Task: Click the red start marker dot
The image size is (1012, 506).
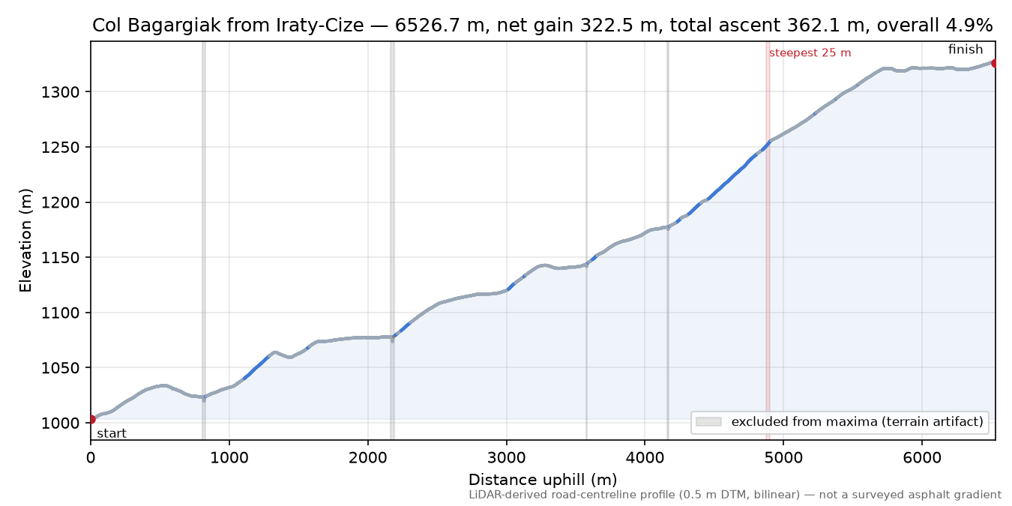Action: (91, 419)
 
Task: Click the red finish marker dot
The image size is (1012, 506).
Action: (995, 63)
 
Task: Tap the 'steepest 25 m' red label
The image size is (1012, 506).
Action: (810, 53)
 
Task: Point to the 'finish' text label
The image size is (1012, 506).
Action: (966, 49)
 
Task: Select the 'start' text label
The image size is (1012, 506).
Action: (112, 434)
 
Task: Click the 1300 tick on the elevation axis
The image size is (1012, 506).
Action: (60, 92)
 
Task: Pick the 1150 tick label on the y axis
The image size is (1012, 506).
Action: (60, 258)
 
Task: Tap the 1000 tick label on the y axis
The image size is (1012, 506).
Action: (60, 424)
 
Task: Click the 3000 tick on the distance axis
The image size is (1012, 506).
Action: (507, 458)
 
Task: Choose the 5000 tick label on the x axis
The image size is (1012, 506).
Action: (783, 458)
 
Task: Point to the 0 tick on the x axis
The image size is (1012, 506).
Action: (91, 458)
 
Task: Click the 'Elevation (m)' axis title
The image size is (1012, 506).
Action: (25, 241)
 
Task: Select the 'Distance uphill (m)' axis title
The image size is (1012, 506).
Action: (543, 480)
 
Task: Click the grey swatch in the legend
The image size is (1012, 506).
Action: (708, 422)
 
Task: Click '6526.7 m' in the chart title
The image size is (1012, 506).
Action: (440, 25)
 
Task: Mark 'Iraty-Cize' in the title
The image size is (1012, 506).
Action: (320, 25)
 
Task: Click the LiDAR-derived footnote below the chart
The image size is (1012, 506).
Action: (735, 495)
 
